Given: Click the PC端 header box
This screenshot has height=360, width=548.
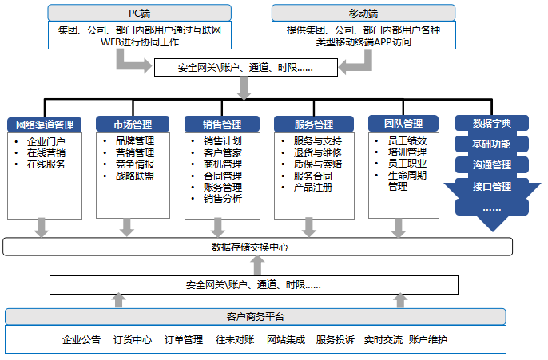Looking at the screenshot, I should pyautogui.click(x=139, y=13).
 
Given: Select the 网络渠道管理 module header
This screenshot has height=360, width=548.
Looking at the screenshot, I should pyautogui.click(x=45, y=125).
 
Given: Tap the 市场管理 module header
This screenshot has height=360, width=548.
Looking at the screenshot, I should pyautogui.click(x=133, y=124).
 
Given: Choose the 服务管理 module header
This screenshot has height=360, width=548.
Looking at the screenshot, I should pyautogui.click(x=313, y=125).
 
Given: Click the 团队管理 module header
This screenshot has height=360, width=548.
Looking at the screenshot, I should pyautogui.click(x=402, y=124).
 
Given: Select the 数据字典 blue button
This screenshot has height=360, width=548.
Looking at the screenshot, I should pyautogui.click(x=492, y=124).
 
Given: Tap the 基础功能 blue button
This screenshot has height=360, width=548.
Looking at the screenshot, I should pyautogui.click(x=492, y=144).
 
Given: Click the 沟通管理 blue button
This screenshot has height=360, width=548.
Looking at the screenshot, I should pyautogui.click(x=492, y=165).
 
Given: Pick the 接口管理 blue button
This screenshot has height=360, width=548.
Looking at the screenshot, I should pyautogui.click(x=492, y=187).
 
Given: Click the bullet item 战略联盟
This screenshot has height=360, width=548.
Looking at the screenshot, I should pyautogui.click(x=135, y=176).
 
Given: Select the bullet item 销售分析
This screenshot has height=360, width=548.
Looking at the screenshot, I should pyautogui.click(x=223, y=199).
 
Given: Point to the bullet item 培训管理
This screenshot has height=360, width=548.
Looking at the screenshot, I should pyautogui.click(x=407, y=152).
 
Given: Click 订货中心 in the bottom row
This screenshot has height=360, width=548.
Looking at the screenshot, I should pyautogui.click(x=133, y=340).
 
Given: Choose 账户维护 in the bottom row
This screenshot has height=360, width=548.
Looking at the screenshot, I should pyautogui.click(x=427, y=340).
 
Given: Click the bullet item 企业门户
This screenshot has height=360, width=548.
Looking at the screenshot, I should pyautogui.click(x=46, y=141).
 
